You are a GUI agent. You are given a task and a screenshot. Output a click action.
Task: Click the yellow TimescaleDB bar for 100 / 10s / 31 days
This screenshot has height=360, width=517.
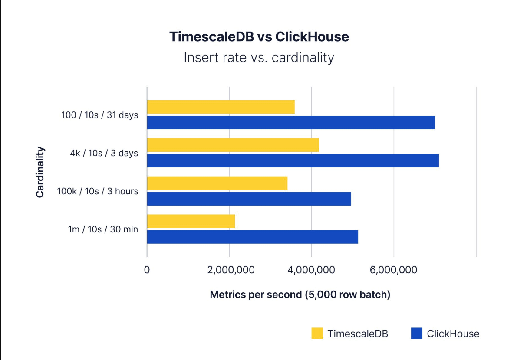221,107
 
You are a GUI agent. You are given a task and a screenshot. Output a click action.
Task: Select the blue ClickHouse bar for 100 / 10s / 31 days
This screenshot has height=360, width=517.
291,122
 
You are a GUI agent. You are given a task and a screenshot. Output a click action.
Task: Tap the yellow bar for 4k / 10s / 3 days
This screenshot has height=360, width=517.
233,145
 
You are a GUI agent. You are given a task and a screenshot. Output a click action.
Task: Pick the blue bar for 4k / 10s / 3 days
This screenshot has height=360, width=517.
293,160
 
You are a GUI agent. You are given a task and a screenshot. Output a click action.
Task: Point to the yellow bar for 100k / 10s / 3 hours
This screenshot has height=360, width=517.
217,183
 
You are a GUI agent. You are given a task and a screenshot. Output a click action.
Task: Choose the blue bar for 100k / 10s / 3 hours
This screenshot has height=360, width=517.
249,199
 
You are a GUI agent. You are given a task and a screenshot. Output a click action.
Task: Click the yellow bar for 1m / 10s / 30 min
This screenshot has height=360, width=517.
191,221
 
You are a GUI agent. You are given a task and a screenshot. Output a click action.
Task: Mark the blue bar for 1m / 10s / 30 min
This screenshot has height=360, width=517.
252,237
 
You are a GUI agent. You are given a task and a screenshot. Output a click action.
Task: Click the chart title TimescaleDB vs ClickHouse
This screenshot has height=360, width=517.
259,37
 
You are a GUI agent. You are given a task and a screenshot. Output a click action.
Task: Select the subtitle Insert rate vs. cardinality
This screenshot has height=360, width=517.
259,58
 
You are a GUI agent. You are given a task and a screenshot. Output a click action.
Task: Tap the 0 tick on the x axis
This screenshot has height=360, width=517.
147,270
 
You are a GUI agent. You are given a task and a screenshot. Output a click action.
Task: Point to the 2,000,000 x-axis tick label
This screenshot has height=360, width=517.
229,270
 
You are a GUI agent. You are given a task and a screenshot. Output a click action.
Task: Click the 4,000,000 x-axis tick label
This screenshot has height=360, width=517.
312,270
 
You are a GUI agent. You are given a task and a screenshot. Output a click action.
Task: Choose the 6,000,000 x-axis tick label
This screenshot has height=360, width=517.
394,270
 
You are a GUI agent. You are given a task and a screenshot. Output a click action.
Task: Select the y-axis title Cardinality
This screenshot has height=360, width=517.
40,172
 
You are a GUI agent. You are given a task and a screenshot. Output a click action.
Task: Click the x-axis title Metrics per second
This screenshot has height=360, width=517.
300,295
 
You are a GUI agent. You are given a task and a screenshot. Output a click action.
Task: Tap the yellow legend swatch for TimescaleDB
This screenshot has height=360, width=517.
317,334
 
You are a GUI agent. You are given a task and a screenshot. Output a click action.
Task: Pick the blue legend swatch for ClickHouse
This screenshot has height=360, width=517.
416,334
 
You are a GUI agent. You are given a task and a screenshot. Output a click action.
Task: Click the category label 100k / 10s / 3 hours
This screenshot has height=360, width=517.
98,191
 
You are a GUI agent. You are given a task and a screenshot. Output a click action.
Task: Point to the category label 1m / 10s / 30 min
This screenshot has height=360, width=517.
103,229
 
